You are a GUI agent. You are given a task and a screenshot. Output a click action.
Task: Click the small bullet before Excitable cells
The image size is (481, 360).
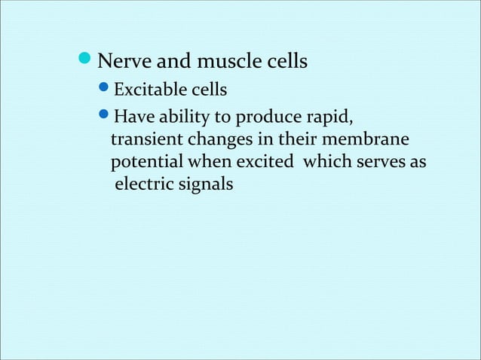tap(105, 91)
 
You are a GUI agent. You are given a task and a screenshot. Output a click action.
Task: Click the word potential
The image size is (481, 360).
tap(145, 163)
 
